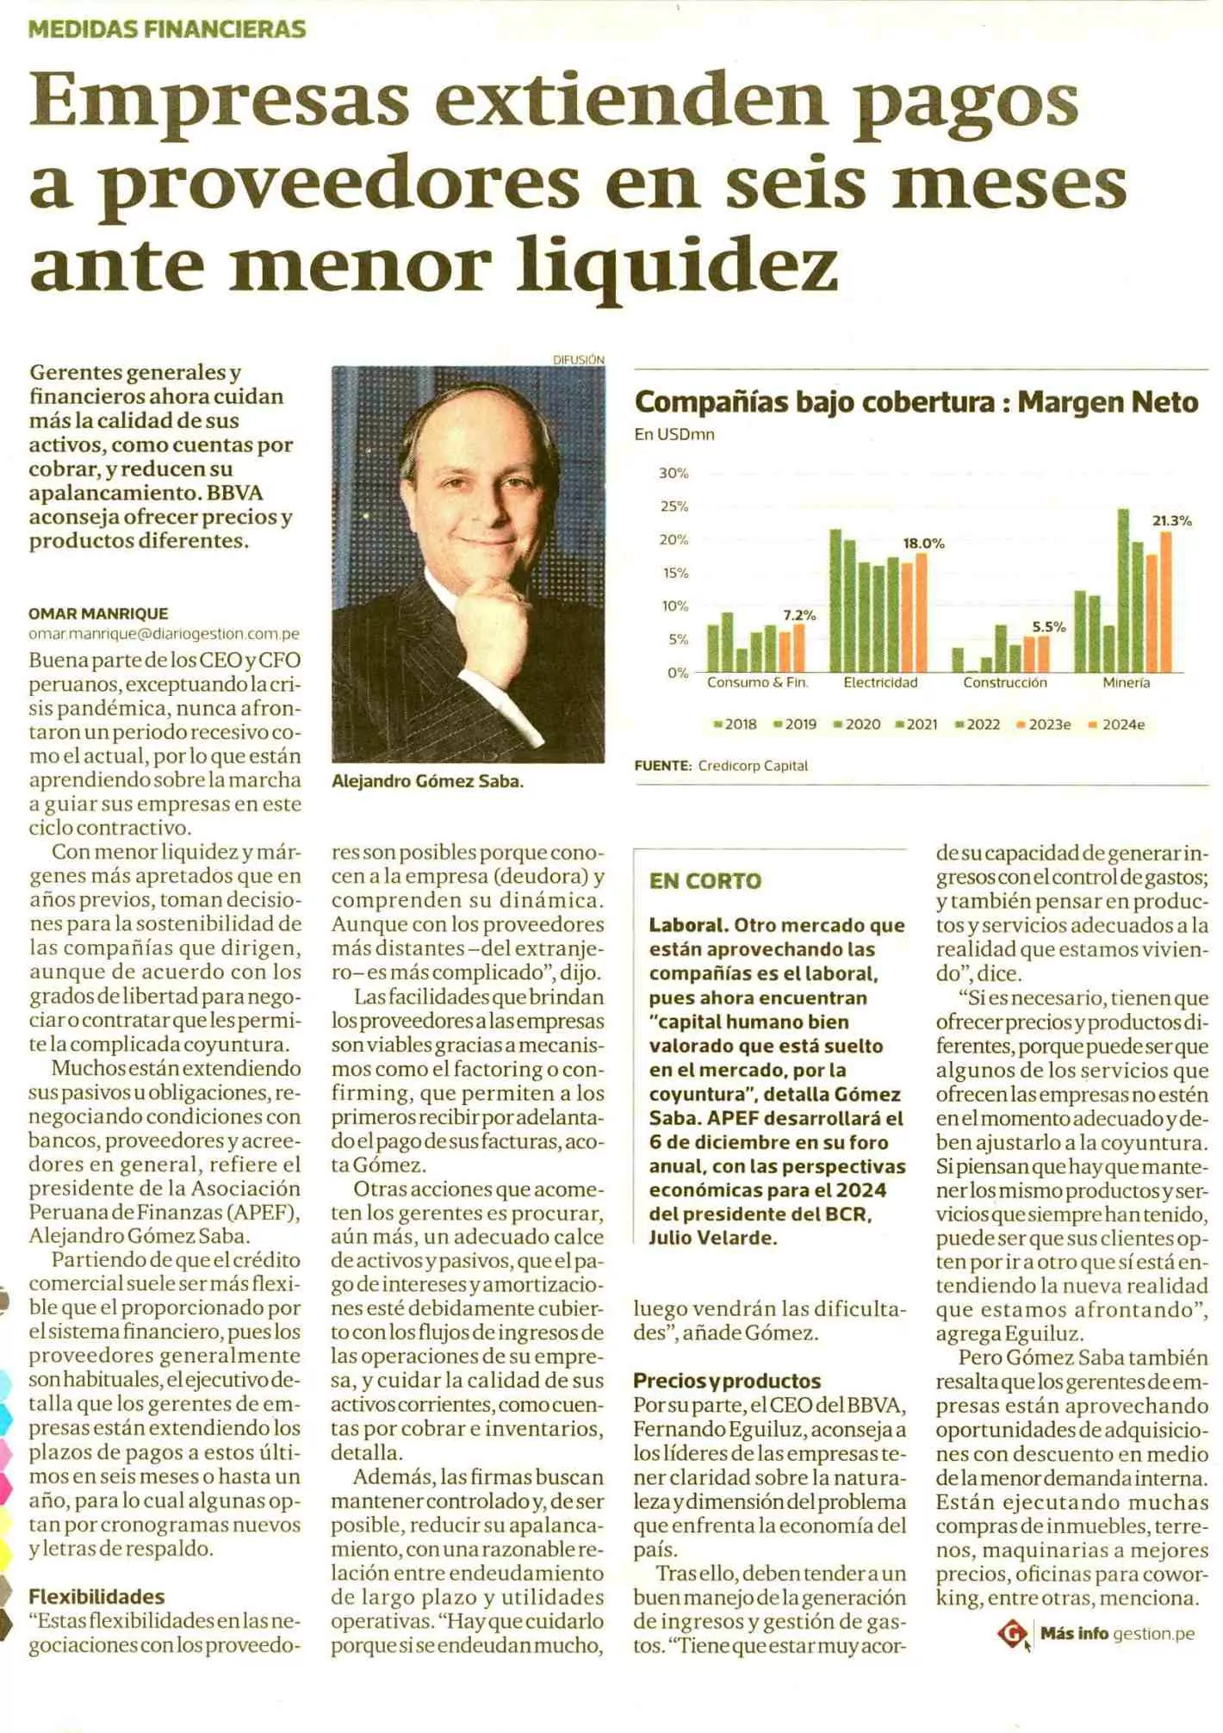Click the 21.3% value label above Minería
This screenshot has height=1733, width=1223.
click(x=1171, y=520)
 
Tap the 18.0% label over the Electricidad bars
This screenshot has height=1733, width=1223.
click(x=923, y=544)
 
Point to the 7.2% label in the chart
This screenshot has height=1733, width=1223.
click(x=798, y=615)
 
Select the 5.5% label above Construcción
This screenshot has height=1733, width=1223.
click(x=1048, y=627)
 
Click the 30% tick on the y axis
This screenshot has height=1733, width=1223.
click(x=674, y=473)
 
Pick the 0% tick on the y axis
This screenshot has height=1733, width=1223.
click(x=677, y=673)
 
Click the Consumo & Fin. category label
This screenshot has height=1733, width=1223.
click(x=757, y=683)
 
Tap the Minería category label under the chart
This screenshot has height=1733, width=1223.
click(x=1126, y=683)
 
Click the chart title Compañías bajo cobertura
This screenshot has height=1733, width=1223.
click(x=813, y=402)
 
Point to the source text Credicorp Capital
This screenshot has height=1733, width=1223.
click(x=752, y=766)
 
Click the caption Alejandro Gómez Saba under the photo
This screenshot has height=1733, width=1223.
click(x=427, y=782)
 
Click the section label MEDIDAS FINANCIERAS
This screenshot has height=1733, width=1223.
click(x=167, y=29)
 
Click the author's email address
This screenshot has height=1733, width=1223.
click(x=164, y=634)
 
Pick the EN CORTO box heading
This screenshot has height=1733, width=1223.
click(x=705, y=881)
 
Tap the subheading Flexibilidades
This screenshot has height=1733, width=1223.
click(x=96, y=1596)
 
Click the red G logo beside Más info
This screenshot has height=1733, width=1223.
click(x=1012, y=1633)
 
